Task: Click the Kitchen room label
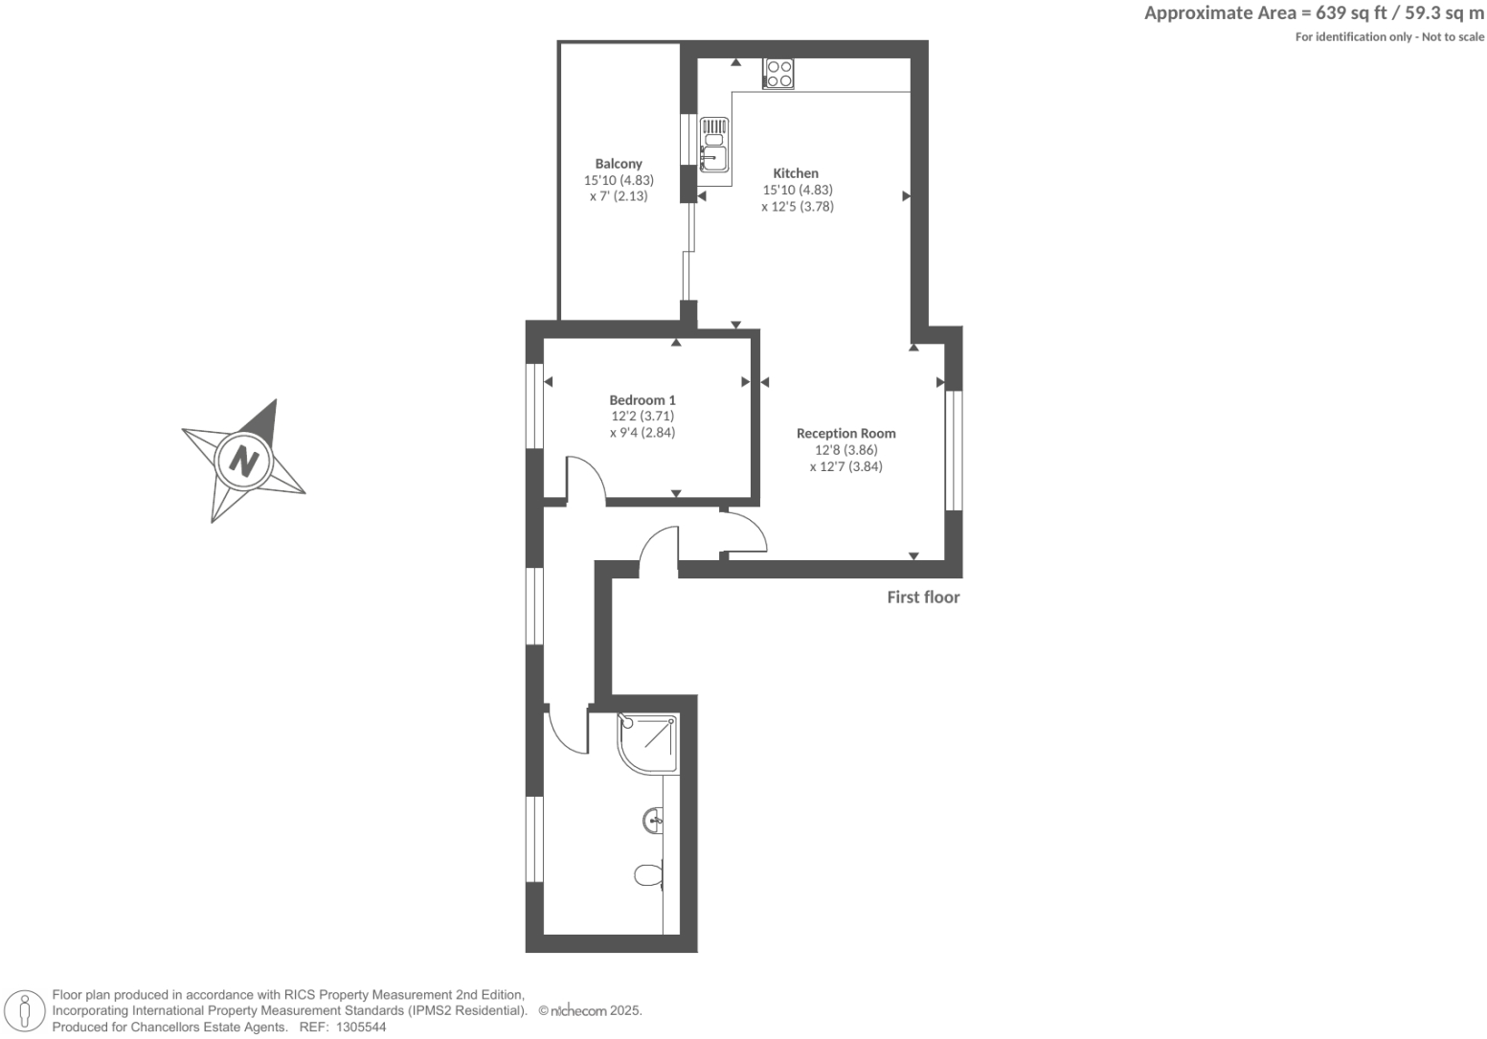point(796,173)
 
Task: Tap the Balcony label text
point(619,164)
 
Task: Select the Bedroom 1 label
point(642,400)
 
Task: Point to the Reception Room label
point(845,433)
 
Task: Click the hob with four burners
point(778,74)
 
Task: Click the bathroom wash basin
point(654,820)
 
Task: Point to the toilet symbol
point(649,875)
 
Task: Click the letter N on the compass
point(244,461)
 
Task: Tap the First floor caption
point(923,598)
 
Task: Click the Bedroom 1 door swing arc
point(586,476)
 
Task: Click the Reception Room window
point(954,449)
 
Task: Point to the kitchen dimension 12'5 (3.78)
point(798,206)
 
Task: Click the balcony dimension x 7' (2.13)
point(619,196)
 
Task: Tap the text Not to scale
point(1452,37)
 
